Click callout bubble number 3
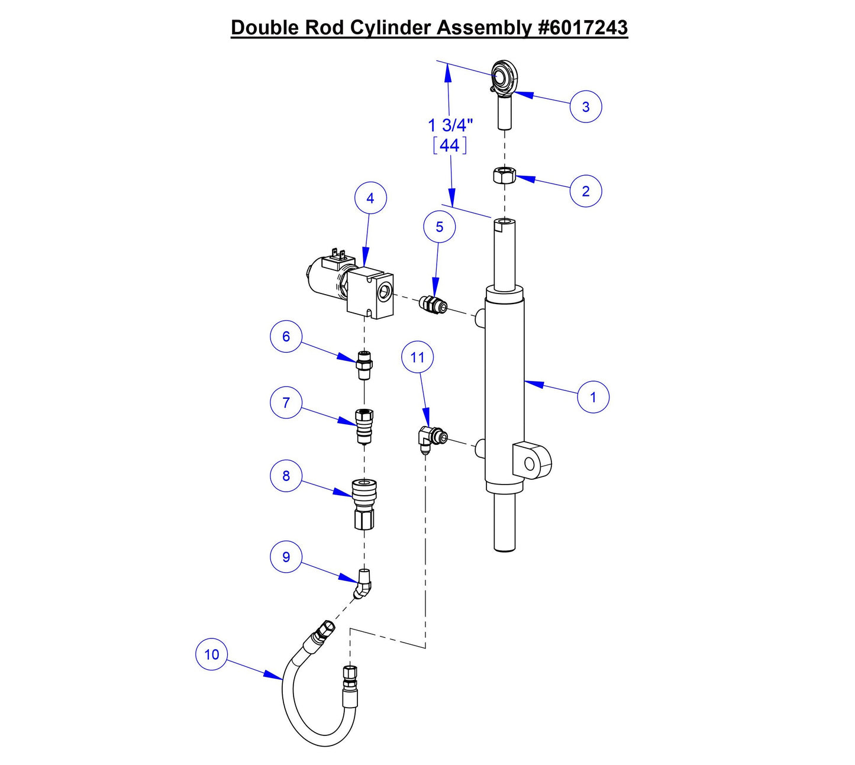(x=586, y=106)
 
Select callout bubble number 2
(x=586, y=191)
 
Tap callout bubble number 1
(x=593, y=396)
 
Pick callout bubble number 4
(x=370, y=198)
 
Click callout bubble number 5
(x=439, y=227)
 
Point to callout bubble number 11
(x=417, y=357)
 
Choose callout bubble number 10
(x=211, y=654)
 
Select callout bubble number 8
(x=286, y=476)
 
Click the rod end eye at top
(x=505, y=75)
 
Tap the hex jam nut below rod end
(x=504, y=175)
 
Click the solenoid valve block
(x=370, y=292)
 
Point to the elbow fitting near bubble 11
(x=431, y=438)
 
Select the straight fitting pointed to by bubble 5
(x=433, y=305)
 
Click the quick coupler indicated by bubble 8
(x=364, y=503)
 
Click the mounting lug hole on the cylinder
(x=530, y=464)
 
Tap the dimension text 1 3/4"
(x=450, y=125)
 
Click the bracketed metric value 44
(x=450, y=145)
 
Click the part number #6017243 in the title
(x=583, y=27)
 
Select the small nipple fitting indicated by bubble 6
(x=364, y=365)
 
